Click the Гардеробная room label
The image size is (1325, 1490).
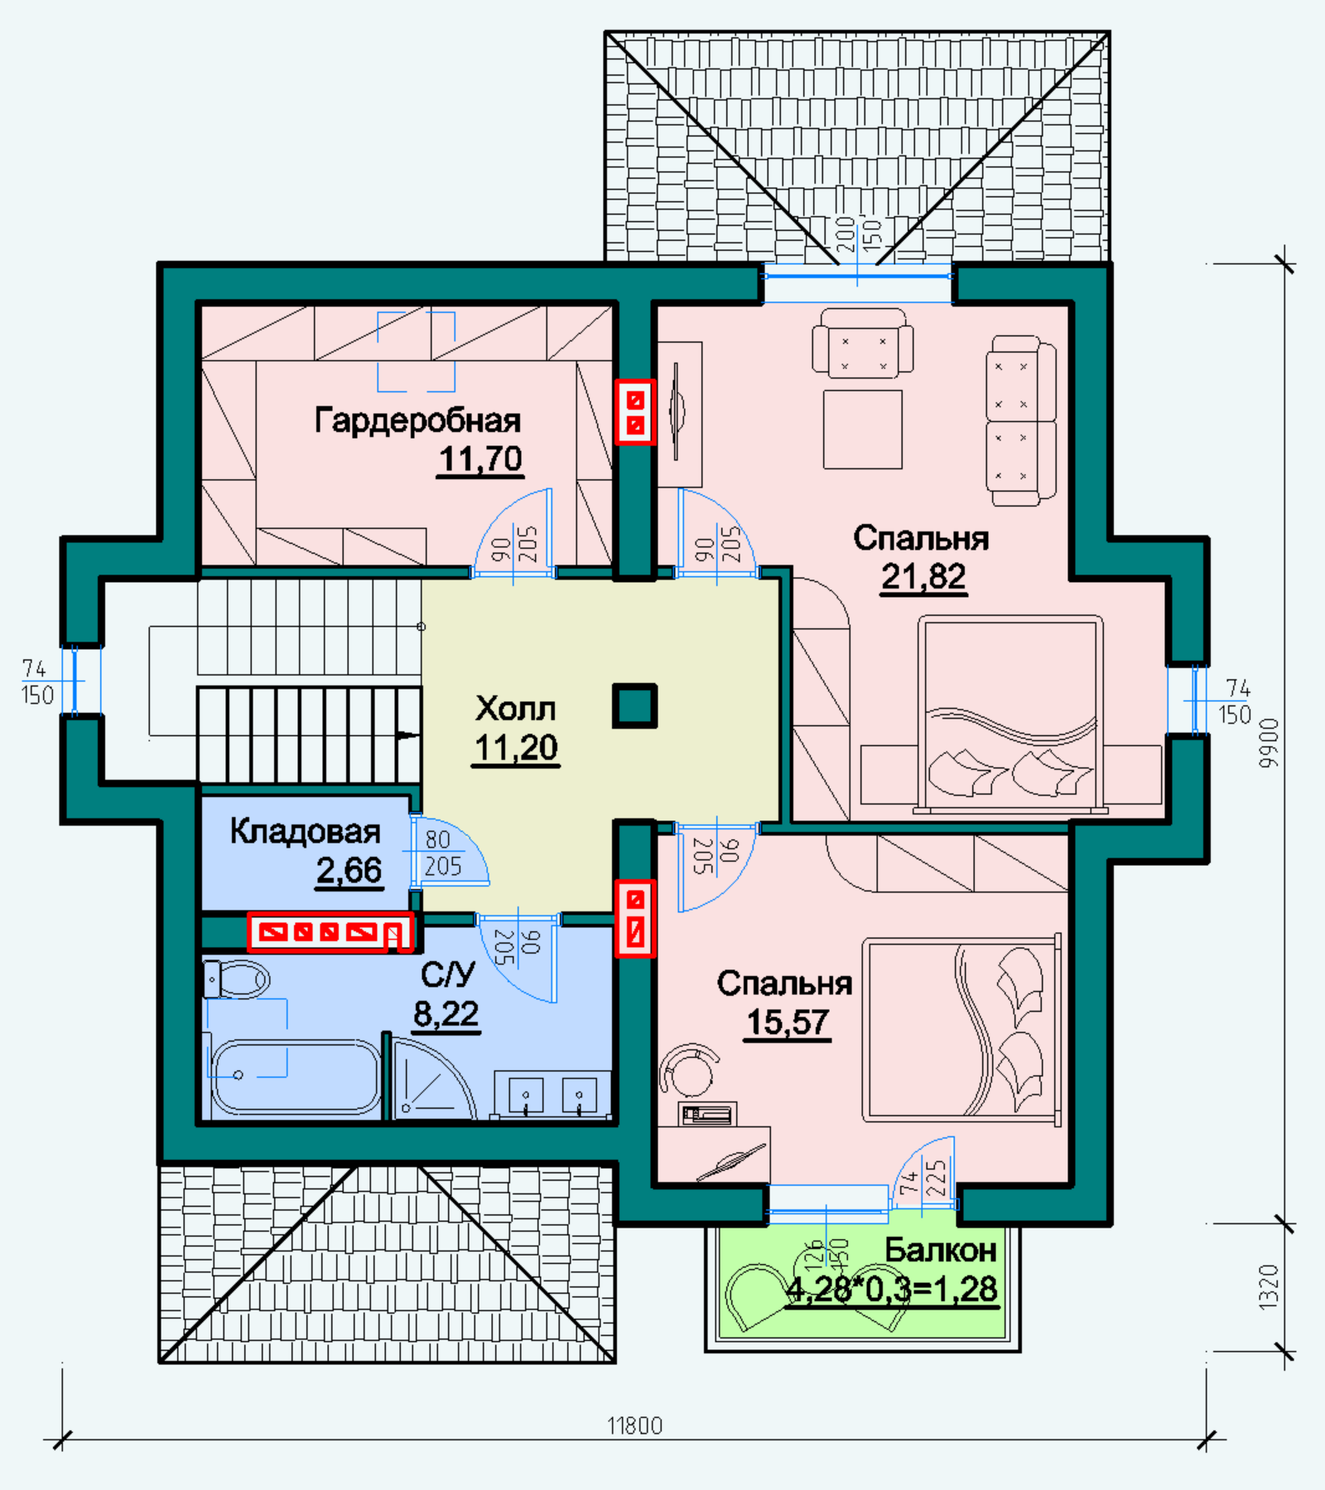coord(417,421)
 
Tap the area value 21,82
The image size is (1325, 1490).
coord(923,576)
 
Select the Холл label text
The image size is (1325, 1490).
coord(515,709)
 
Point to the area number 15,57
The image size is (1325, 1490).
coord(788,1021)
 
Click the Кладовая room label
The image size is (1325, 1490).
coord(305,831)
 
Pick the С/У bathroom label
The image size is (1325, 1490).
coord(447,974)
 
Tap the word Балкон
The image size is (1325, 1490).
coord(941,1250)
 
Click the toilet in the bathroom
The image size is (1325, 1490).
coord(236,979)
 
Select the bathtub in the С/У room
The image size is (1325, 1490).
coord(296,1077)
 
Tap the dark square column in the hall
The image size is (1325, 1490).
coord(634,706)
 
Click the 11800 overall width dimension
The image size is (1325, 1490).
coord(634,1425)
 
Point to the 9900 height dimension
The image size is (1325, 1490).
coord(1269,743)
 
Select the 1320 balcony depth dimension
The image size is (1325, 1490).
coord(1269,1286)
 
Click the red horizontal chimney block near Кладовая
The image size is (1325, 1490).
coord(330,932)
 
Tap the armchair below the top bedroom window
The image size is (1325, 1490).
coord(863,343)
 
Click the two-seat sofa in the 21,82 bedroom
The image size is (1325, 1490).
coord(1021,421)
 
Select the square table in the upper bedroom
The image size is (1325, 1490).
coord(863,429)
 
